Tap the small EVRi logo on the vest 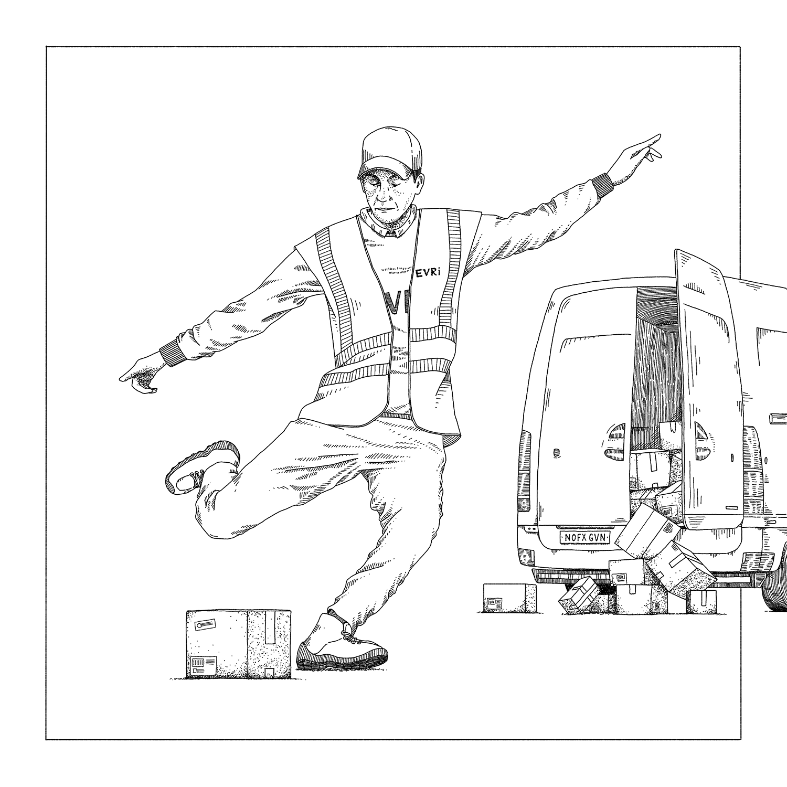(428, 273)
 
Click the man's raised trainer (202, 465)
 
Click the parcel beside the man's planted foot (238, 643)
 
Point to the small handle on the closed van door (556, 451)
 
